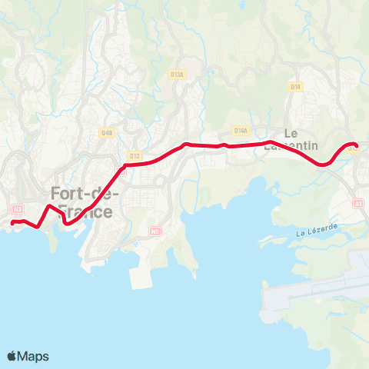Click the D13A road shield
pyautogui.click(x=178, y=75)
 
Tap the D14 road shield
pyautogui.click(x=295, y=87)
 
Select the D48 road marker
pyautogui.click(x=107, y=132)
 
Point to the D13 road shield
pyautogui.click(x=135, y=156)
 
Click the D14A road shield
pyautogui.click(x=241, y=131)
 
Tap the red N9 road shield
pyautogui.click(x=156, y=230)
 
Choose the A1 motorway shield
pyautogui.click(x=357, y=204)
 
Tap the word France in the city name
pyautogui.click(x=86, y=211)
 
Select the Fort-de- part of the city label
pyautogui.click(x=85, y=193)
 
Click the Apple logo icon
pyautogui.click(x=12, y=356)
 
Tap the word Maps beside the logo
pyautogui.click(x=34, y=356)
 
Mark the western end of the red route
pyautogui.click(x=13, y=223)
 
